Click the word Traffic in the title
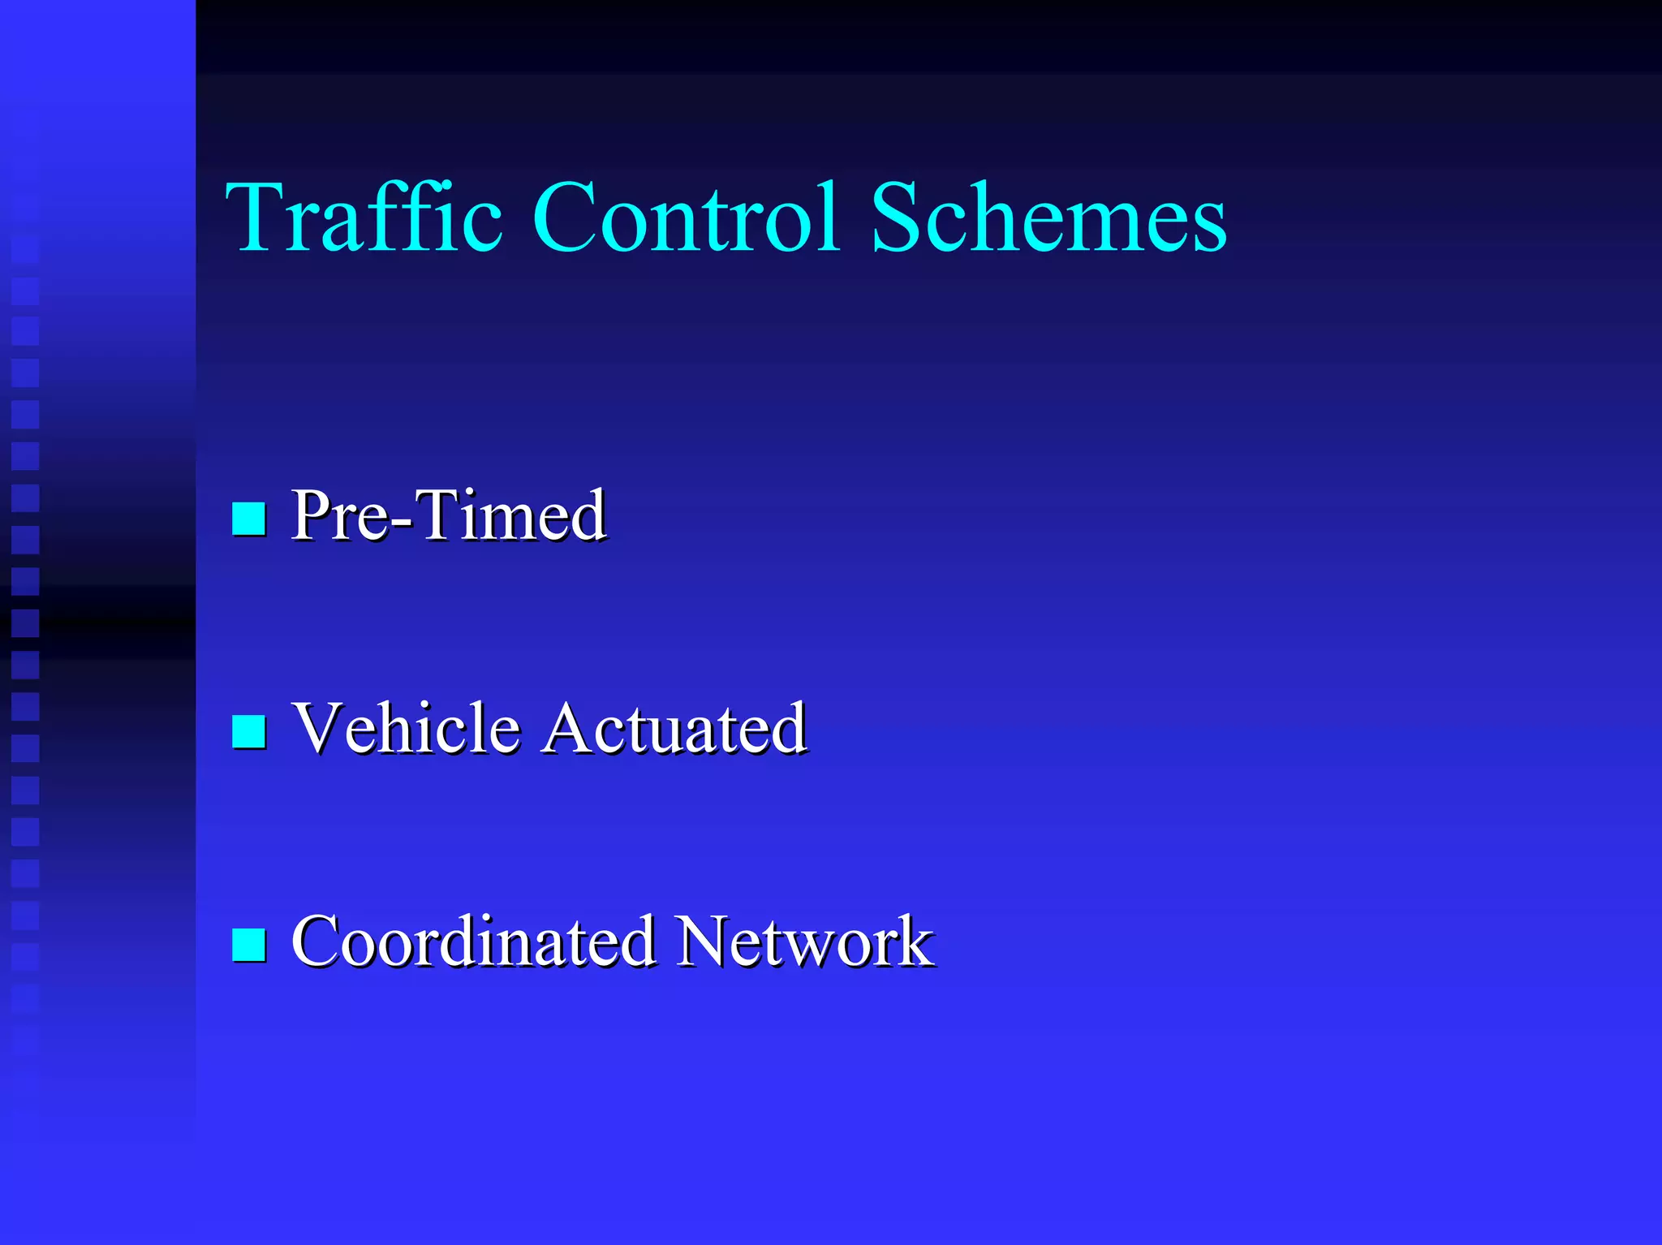tap(364, 218)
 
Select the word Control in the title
tap(686, 218)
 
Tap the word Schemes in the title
tap(1048, 218)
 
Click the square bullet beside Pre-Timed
tap(249, 519)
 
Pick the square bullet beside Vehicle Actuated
tap(249, 730)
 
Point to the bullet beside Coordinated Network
tap(249, 944)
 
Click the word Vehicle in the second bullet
tap(406, 728)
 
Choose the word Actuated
tap(675, 728)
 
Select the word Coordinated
tap(473, 941)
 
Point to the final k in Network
tap(913, 941)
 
